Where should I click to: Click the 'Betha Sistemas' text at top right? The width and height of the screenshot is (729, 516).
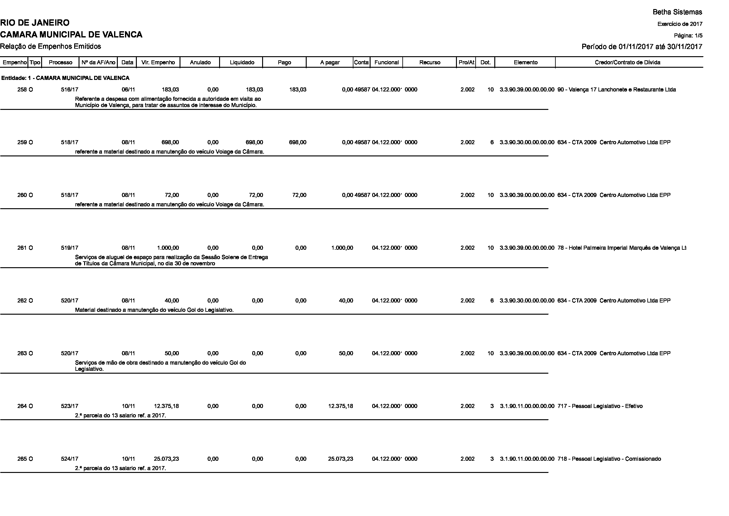point(677,12)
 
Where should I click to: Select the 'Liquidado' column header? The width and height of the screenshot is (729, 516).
point(242,62)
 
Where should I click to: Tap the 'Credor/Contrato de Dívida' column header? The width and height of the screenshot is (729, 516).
point(627,62)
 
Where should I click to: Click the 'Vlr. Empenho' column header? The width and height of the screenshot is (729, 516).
point(158,62)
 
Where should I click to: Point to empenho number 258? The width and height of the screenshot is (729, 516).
point(22,90)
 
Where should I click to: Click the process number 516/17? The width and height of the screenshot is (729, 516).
point(70,90)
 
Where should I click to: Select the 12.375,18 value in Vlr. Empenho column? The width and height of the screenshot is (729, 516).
point(166,406)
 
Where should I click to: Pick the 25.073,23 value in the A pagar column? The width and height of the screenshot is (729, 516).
point(340,459)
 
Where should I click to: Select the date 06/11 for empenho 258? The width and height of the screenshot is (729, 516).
point(128,90)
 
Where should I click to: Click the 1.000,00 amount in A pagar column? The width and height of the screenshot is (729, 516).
point(342,248)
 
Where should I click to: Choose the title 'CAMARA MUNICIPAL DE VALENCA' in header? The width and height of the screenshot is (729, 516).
point(71,34)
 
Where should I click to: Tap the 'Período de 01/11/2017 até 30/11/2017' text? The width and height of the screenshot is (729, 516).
point(642,47)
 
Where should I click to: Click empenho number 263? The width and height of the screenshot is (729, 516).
point(22,353)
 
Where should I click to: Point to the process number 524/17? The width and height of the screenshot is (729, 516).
point(70,459)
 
